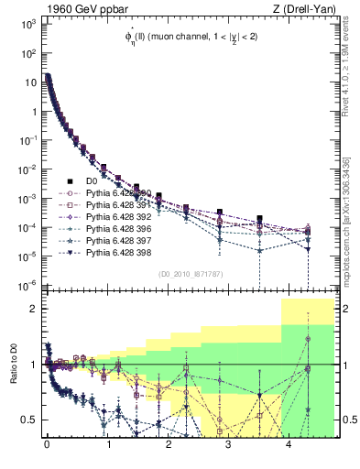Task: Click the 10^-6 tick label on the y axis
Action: [x=26, y=285]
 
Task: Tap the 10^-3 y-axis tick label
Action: [x=26, y=198]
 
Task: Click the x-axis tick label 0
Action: [x=47, y=447]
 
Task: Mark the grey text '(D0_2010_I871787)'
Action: [x=190, y=274]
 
